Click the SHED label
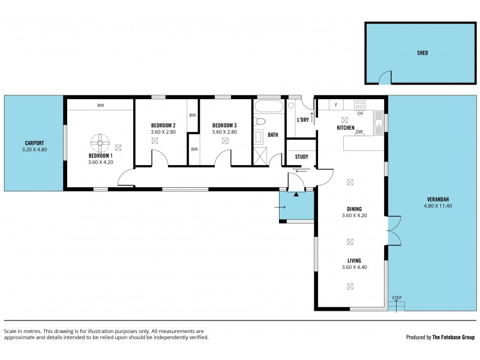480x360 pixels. click(x=422, y=53)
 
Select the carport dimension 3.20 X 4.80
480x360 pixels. click(x=34, y=149)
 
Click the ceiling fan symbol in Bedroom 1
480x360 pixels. click(x=100, y=143)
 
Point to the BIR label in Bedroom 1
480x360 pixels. click(x=100, y=106)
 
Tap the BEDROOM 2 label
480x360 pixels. click(x=163, y=125)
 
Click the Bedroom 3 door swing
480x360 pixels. click(x=223, y=158)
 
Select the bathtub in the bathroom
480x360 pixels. click(x=268, y=108)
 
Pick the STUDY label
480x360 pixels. click(x=301, y=157)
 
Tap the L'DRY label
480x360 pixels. click(x=303, y=119)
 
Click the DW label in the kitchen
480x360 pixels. click(x=359, y=131)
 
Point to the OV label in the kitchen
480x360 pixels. click(x=360, y=113)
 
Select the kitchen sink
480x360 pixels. click(x=379, y=124)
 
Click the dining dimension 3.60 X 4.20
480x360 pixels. click(x=354, y=215)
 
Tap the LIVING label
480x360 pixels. click(x=354, y=260)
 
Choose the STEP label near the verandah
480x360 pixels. click(x=396, y=298)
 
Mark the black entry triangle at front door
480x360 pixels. click(x=296, y=193)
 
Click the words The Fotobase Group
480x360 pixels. click(x=453, y=337)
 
